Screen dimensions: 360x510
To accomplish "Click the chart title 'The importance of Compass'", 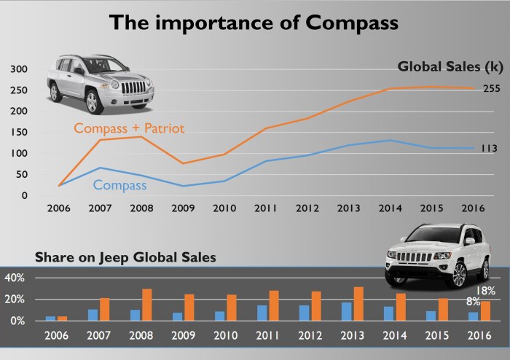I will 254,23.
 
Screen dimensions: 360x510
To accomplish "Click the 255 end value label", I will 491,89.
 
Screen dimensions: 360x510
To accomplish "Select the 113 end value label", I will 488,149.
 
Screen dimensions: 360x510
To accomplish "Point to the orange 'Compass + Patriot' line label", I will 130,128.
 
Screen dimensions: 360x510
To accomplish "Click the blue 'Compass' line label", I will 119,186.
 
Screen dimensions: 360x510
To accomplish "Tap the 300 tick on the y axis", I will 18,69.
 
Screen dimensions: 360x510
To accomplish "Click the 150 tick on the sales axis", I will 18,133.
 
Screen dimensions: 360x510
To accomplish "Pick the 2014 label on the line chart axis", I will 391,208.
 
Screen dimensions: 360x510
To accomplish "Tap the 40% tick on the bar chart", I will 15,278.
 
